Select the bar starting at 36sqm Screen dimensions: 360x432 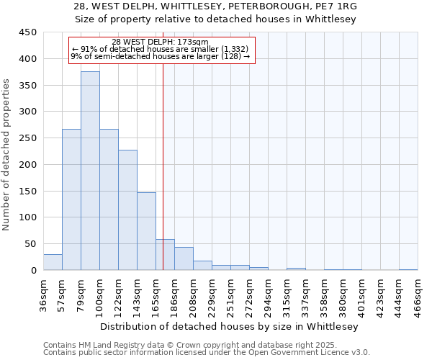pos(53,262)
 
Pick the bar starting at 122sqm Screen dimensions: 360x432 pos(127,210)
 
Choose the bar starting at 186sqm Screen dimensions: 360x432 pos(184,258)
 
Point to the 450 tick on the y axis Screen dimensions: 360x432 pos(27,32)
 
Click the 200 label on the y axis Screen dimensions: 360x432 pos(27,165)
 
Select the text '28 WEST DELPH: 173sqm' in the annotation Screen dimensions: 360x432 pos(160,42)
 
